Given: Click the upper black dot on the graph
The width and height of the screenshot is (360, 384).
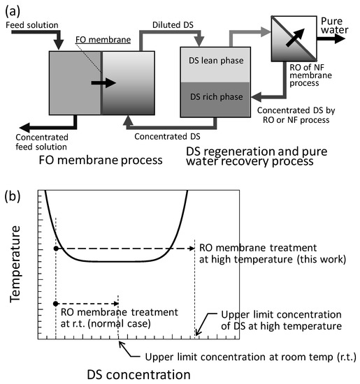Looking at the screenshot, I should (55, 249).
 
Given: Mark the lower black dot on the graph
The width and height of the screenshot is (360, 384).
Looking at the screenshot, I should (55, 304).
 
